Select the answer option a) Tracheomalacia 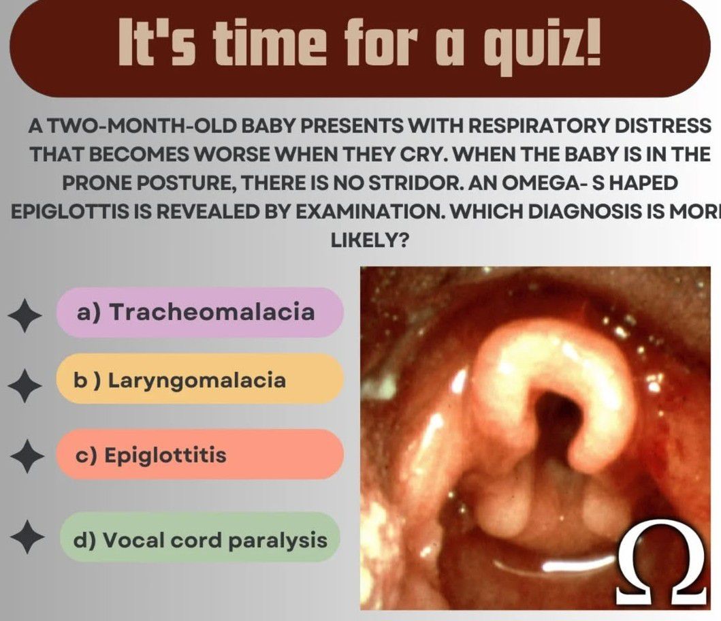coord(199,313)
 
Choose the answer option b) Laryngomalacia coord(199,380)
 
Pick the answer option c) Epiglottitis coord(199,454)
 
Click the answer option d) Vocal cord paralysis coord(199,539)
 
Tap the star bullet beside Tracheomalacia coord(26,315)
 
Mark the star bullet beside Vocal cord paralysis coord(27,537)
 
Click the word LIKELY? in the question coord(369,240)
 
